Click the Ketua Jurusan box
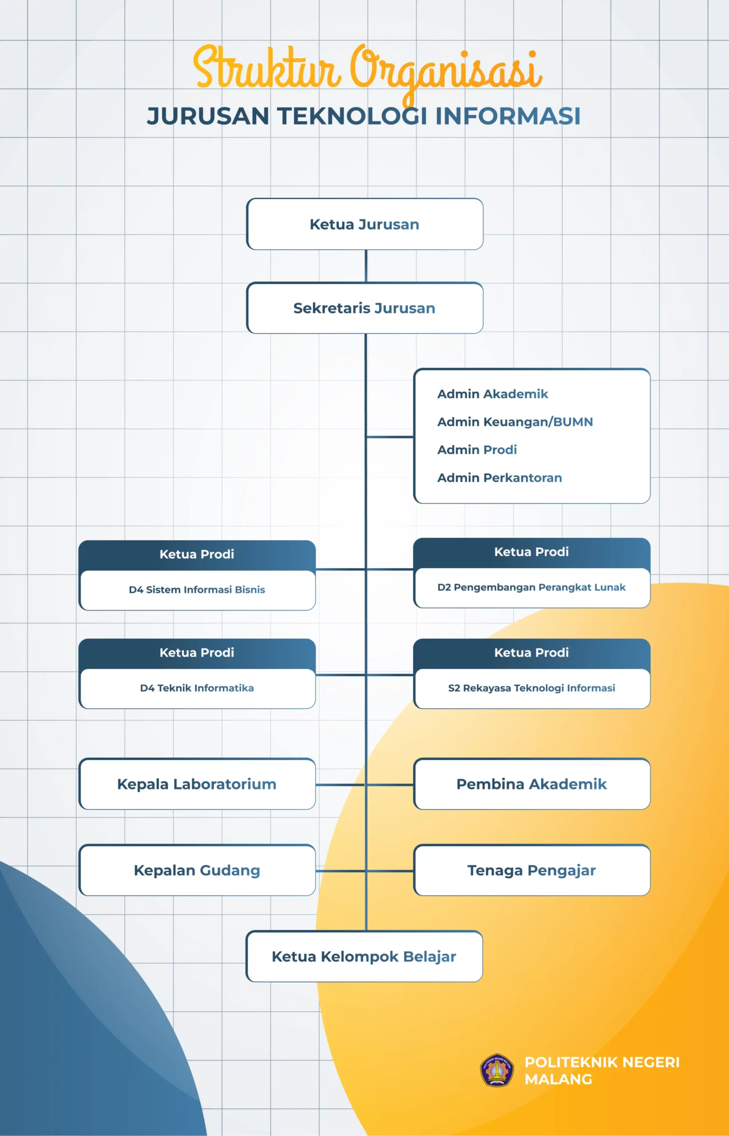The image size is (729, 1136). coord(364,224)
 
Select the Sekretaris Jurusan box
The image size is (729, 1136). coord(364,308)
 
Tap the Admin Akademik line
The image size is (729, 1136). coord(492,394)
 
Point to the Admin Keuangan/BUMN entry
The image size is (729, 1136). coord(515,422)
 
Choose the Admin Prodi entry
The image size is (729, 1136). coord(477,450)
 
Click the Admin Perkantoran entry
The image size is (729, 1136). coord(499,477)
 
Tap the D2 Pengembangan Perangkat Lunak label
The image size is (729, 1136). coord(531,587)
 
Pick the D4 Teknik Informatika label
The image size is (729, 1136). coord(197,688)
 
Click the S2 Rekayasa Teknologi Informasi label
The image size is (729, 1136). coord(531,688)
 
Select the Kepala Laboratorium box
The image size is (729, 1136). coord(197,784)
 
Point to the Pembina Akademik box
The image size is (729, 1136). coord(531,784)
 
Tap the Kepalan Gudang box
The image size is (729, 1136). coord(197,870)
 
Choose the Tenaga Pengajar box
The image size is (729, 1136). coord(531,870)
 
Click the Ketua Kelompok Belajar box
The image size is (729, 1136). coord(364,956)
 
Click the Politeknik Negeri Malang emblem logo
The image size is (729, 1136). coord(496,1070)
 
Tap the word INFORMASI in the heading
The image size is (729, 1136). coord(507,116)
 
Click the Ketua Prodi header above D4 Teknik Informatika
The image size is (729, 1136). coord(197,652)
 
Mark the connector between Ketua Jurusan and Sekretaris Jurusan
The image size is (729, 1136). coord(365,266)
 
